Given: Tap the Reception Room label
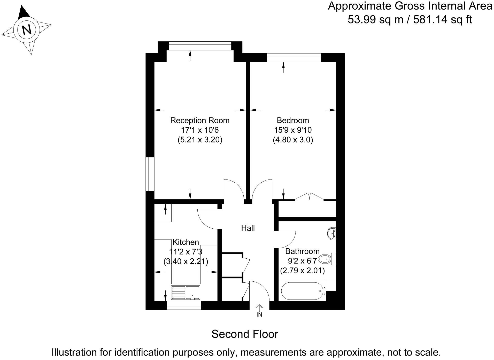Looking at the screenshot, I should tap(200, 121).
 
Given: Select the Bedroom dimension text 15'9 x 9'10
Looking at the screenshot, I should tap(293, 130).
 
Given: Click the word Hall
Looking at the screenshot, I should tap(248, 228).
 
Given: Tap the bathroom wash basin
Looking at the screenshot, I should tap(331, 234).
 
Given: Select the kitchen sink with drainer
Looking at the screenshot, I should tap(186, 292).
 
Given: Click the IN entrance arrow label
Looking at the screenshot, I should tap(259, 314).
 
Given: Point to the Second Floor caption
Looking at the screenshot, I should tap(245, 334).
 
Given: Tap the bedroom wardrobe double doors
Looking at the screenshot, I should tap(309, 197).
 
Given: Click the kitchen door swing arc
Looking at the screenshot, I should tap(207, 220).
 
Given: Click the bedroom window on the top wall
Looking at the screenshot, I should tap(294, 57).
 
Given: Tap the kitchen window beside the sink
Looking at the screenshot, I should tap(184, 305).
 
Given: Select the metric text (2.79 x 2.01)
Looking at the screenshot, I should tap(302, 271).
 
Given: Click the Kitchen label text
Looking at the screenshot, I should tap(186, 242).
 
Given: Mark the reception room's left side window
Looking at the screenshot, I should tap(150, 174).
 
